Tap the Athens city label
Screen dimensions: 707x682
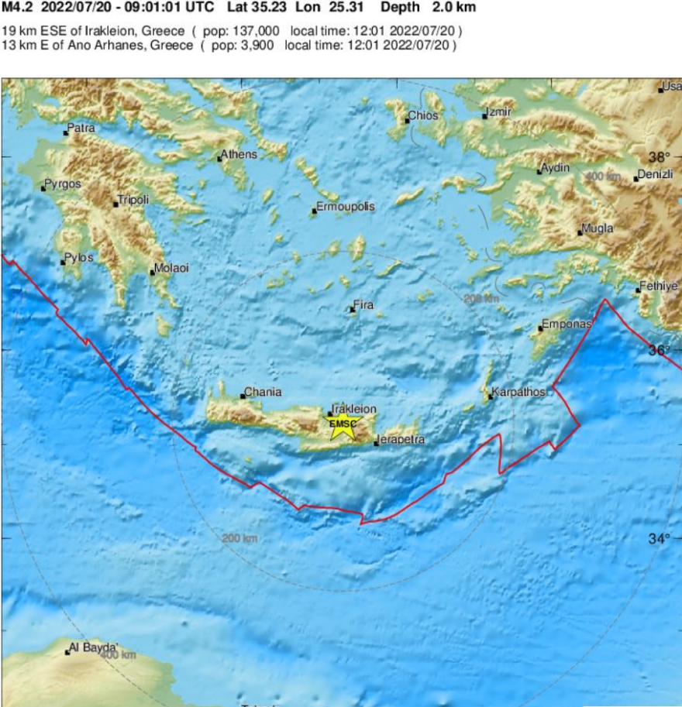239,154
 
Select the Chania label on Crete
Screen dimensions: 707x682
263,392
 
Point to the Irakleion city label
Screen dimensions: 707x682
354,408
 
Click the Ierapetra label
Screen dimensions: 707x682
401,440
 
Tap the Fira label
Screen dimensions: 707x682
363,305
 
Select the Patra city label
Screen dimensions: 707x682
81,127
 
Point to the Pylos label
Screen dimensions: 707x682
79,257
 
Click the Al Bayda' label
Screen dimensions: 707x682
94,647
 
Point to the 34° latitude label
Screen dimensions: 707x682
659,538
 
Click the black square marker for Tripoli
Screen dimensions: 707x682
116,204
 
